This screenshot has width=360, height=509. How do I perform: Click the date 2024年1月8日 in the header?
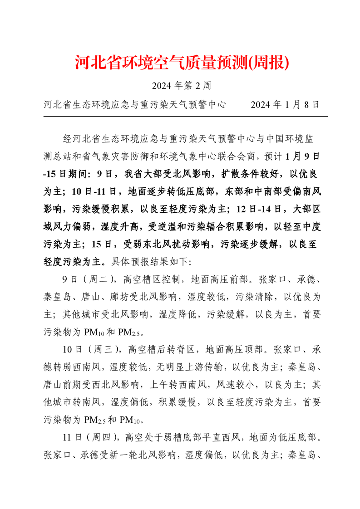pos(285,105)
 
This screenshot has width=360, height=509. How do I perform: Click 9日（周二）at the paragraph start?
pos(90,279)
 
